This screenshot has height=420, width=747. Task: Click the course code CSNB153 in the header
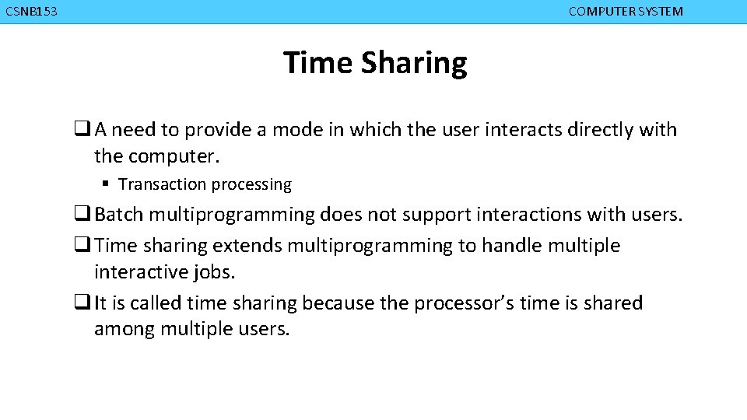pyautogui.click(x=31, y=12)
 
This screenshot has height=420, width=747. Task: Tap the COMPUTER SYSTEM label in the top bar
pyautogui.click(x=626, y=12)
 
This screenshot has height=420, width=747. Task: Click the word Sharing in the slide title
pyautogui.click(x=414, y=63)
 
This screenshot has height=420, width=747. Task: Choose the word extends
pyautogui.click(x=247, y=246)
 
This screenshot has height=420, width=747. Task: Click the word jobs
pyautogui.click(x=216, y=272)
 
